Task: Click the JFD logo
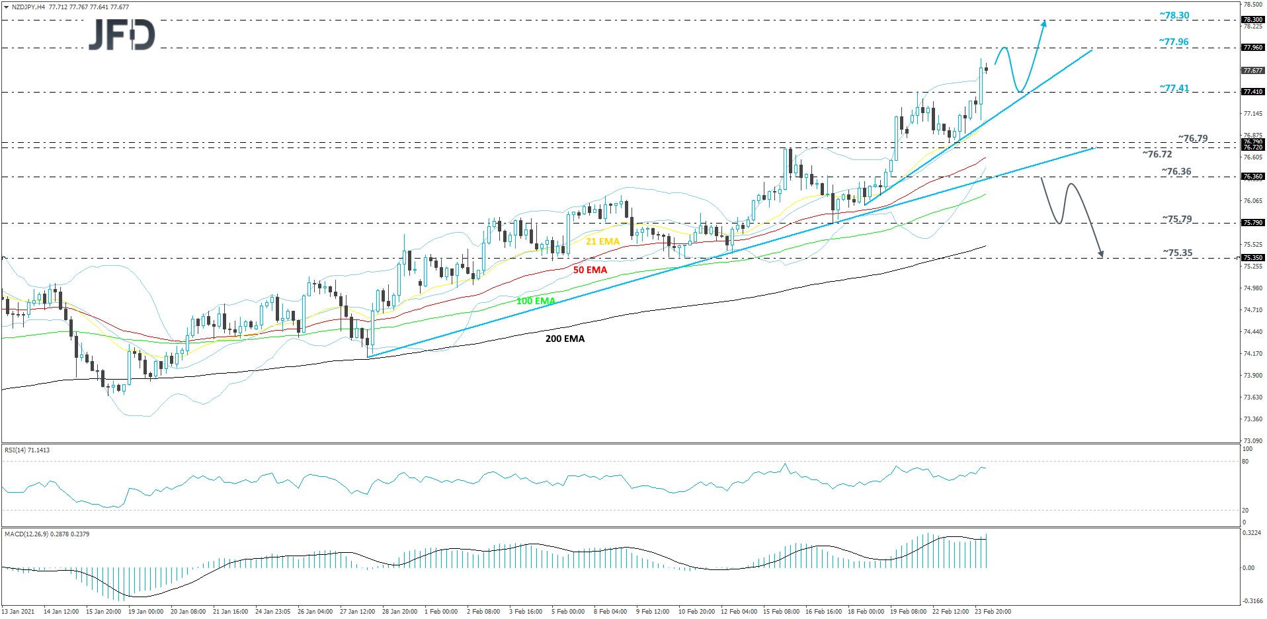coord(122,34)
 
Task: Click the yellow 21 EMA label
coord(602,241)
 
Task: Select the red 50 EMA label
coord(590,270)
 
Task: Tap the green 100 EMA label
coord(536,301)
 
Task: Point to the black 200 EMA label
coord(565,339)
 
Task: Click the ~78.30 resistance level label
coord(1174,15)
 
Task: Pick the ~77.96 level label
coord(1174,42)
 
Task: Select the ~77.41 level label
coord(1174,88)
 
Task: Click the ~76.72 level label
coord(1157,154)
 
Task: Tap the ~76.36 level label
coord(1176,171)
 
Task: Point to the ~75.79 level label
coord(1177,219)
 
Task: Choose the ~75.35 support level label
coord(1178,253)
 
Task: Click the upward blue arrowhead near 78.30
coord(1044,23)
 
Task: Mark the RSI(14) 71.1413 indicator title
coord(27,450)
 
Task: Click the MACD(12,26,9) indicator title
coord(47,534)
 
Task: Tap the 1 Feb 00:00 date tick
coord(441,611)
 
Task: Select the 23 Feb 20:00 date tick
coord(993,611)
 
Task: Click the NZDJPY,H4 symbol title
coord(28,7)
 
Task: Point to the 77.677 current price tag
coord(1252,70)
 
